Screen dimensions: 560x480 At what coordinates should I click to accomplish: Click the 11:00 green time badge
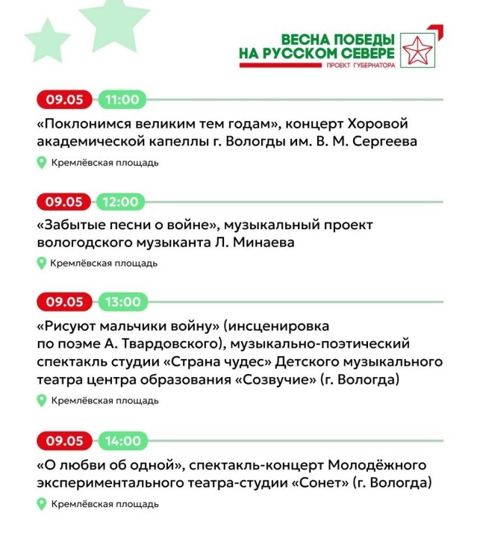(x=122, y=99)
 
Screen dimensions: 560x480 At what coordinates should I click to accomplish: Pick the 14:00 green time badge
(x=122, y=441)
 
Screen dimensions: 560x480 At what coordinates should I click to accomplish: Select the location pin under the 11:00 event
(x=42, y=163)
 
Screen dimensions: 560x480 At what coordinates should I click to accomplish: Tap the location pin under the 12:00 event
(x=42, y=263)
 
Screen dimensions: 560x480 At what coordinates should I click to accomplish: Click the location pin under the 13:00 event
(x=42, y=401)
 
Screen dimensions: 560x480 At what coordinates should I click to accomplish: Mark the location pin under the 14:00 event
(x=42, y=504)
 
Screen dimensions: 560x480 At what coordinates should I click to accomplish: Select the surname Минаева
(x=211, y=243)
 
